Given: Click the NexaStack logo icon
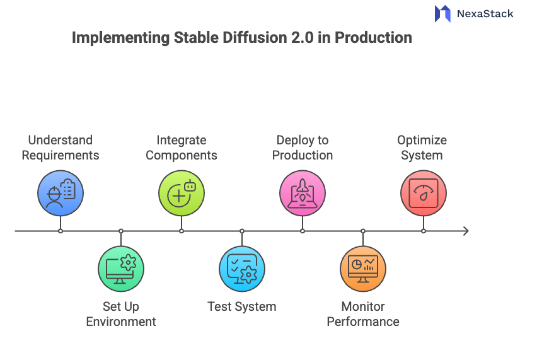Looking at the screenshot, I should [x=442, y=13].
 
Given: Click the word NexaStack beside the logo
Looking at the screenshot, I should [x=485, y=13].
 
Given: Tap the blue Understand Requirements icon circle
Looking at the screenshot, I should [x=61, y=193].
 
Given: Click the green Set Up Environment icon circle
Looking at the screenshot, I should [x=121, y=269].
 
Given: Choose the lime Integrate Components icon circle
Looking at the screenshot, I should [x=182, y=193].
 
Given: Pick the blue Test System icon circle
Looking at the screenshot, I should [x=242, y=269].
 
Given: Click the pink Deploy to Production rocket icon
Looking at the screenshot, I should [x=303, y=193].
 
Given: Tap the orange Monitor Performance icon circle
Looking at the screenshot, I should [x=363, y=269].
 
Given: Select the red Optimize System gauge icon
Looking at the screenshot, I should [x=424, y=193].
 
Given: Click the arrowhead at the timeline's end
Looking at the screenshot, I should [x=465, y=231].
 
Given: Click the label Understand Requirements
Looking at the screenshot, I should [x=61, y=148].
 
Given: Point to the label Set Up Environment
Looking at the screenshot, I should [x=121, y=314].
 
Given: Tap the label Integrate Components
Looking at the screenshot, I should [x=182, y=148].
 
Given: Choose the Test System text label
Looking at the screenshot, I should [x=242, y=307].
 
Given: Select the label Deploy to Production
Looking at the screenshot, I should [x=303, y=148].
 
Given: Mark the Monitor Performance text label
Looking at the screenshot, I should [x=363, y=314].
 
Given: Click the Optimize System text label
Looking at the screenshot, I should [x=422, y=148].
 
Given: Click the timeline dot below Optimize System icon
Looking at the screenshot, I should [x=424, y=231].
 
